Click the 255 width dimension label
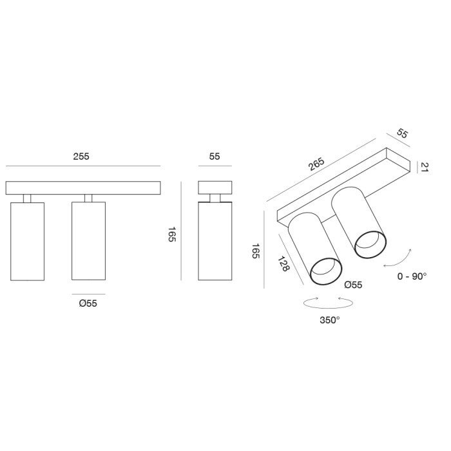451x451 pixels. tap(81, 157)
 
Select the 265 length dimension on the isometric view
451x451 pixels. tap(316, 164)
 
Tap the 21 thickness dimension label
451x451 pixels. tap(425, 167)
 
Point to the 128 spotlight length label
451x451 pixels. tap(283, 264)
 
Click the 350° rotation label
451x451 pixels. tap(330, 320)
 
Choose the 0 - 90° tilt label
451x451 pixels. tap(412, 276)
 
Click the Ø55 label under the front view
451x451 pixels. tap(88, 303)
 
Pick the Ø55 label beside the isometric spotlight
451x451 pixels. tap(353, 285)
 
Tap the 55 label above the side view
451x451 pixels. tap(215, 157)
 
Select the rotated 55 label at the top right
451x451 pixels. tap(403, 133)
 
